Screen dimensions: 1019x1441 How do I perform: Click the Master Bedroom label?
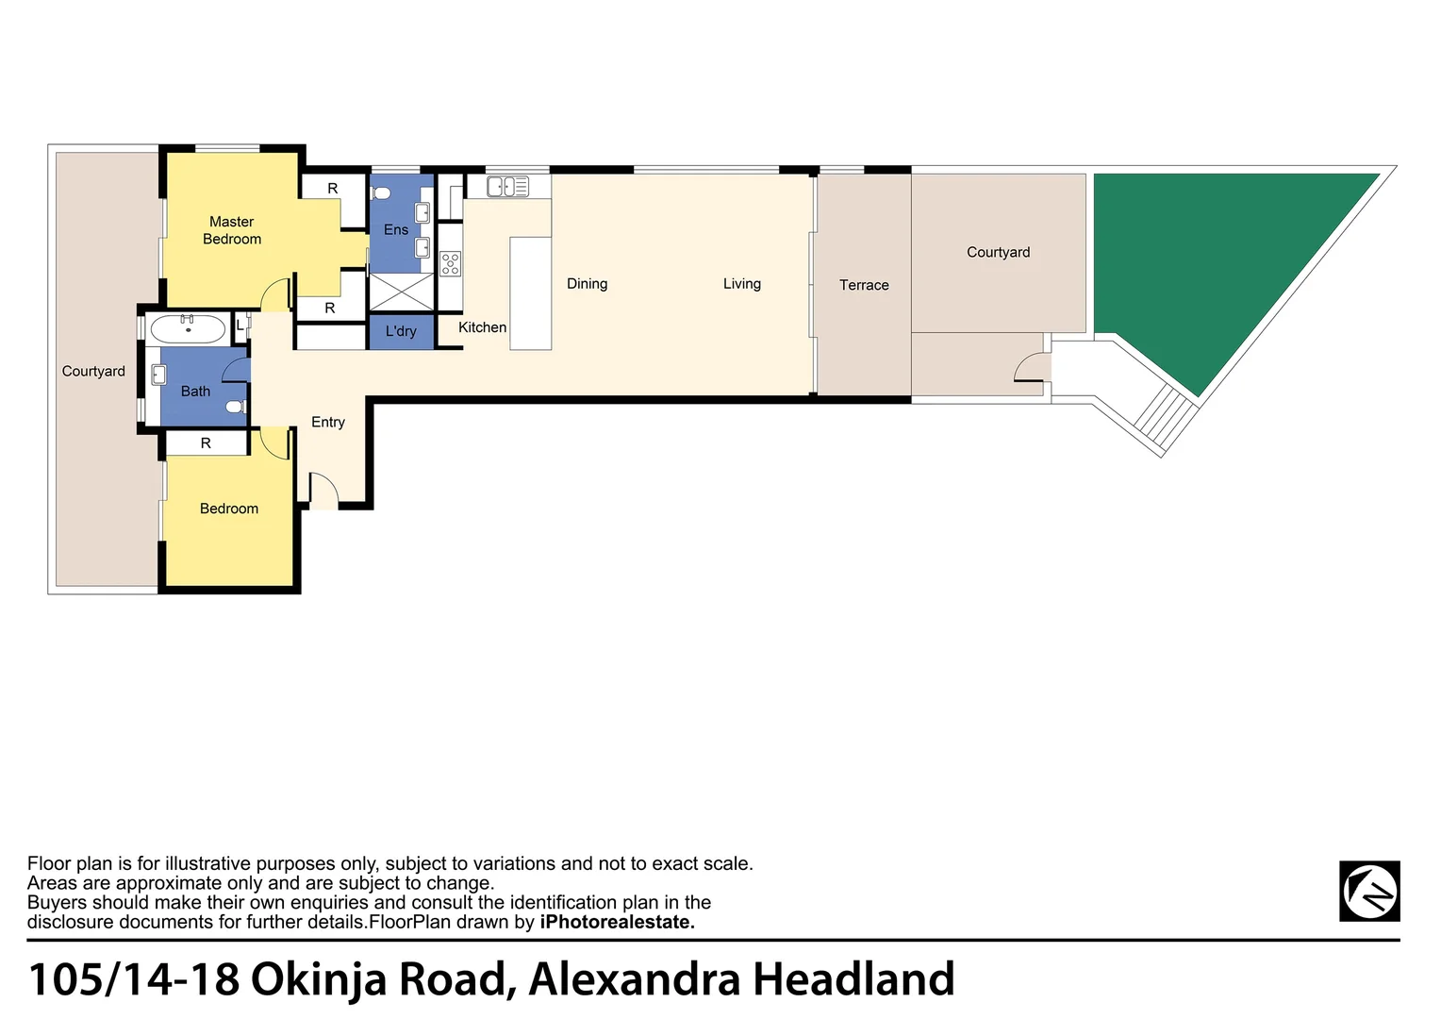tap(232, 230)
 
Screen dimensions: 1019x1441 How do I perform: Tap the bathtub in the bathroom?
tap(189, 329)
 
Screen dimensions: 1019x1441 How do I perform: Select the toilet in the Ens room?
tap(381, 193)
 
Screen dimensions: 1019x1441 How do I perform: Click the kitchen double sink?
tap(507, 187)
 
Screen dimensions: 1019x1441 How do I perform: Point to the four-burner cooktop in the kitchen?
tap(451, 263)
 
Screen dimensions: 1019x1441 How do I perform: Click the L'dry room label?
tap(401, 331)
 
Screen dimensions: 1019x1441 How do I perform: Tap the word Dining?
tap(587, 283)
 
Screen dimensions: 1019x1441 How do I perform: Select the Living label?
tap(742, 283)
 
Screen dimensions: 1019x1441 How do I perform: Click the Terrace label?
tap(864, 285)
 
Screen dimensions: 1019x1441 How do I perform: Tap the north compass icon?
tap(1369, 891)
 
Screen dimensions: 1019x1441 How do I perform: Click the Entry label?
tap(328, 422)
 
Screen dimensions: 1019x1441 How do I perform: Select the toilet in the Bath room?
tap(236, 407)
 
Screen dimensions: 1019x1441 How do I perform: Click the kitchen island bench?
tap(530, 293)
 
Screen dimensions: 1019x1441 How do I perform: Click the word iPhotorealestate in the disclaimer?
tap(617, 922)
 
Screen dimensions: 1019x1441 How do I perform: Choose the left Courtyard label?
tap(93, 371)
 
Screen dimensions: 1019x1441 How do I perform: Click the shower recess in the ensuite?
tap(401, 292)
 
